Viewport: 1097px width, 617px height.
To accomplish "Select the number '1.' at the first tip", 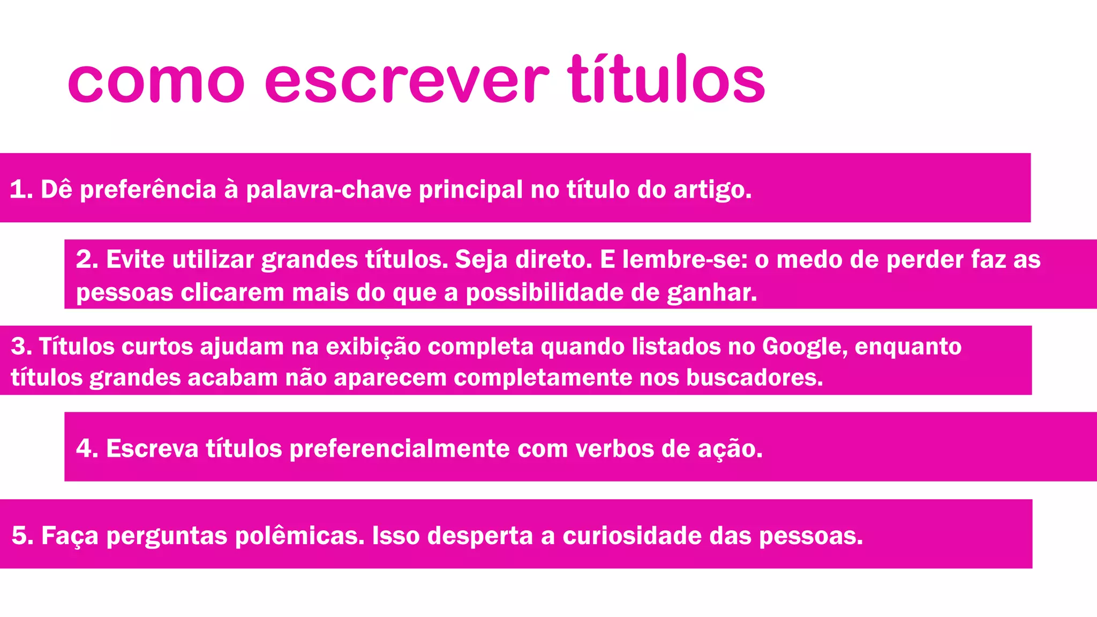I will tap(21, 189).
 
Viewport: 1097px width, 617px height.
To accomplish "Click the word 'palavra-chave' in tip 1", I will tap(328, 190).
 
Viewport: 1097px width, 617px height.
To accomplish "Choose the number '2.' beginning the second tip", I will tap(87, 259).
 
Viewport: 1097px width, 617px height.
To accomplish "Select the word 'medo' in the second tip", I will tap(809, 259).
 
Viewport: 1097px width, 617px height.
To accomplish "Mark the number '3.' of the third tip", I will tap(21, 346).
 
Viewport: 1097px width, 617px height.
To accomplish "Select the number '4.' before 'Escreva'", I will tap(87, 448).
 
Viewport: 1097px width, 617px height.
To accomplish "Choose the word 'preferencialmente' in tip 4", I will tap(400, 448).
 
